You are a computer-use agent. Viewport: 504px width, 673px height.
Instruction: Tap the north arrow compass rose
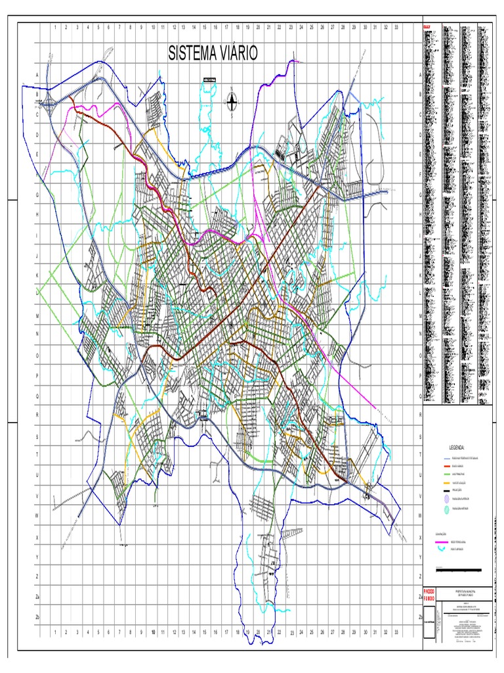pyautogui.click(x=232, y=101)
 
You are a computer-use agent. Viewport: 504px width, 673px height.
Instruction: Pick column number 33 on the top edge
pyautogui.click(x=396, y=28)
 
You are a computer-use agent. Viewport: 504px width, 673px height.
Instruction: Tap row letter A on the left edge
pyautogui.click(x=37, y=75)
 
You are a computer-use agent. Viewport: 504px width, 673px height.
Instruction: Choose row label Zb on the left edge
pyautogui.click(x=37, y=617)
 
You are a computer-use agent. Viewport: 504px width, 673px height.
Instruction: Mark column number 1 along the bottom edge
pyautogui.click(x=56, y=632)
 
